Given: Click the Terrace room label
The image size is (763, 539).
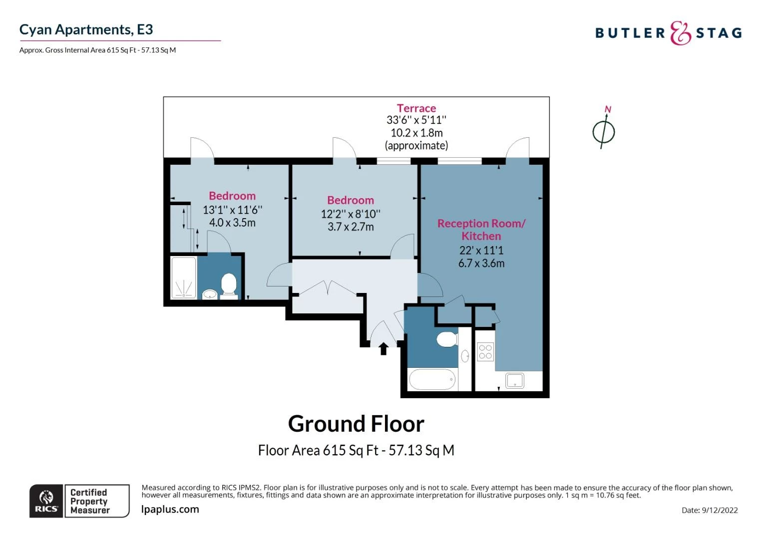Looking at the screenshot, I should coord(416,108).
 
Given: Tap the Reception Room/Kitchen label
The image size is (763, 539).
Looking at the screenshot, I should coord(481,230).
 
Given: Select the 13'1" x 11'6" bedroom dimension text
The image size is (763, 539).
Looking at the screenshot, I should coord(232,210).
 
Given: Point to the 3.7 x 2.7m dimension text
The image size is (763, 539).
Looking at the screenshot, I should coord(351,227).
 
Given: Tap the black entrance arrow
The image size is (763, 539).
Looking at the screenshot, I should coord(383,348).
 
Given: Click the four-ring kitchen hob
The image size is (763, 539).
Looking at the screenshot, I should coord(485,352).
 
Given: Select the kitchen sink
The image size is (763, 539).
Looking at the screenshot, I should coord(514,381).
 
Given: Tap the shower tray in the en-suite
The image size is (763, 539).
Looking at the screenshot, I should coord(184,277).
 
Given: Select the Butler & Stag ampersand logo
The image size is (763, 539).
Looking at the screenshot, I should coord(680,33).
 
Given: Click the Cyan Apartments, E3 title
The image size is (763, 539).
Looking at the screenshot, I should coord(86,29).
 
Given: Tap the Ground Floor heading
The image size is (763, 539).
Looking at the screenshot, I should coord(356,424).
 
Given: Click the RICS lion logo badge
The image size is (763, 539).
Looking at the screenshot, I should coord(46,501).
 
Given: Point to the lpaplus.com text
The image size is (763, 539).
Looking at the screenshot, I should coord(170,509).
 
